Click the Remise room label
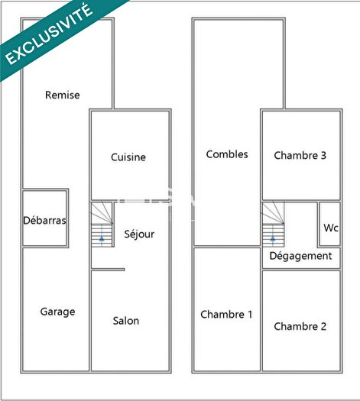(63, 95)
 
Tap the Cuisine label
(128, 157)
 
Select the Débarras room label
(44, 221)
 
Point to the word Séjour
(139, 234)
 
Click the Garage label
(57, 312)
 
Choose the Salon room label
(126, 321)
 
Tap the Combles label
(227, 154)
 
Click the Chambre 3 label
(300, 155)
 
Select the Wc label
(331, 228)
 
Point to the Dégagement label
(301, 257)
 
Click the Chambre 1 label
(226, 314)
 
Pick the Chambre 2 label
(300, 326)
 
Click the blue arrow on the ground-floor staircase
(102, 238)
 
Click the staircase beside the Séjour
(102, 223)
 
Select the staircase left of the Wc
(273, 223)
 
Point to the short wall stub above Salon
(108, 269)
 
